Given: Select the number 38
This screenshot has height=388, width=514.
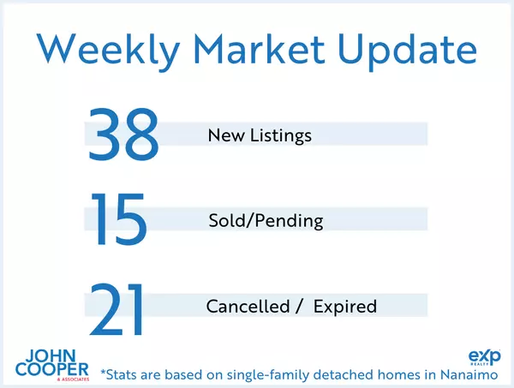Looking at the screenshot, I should pos(123,135).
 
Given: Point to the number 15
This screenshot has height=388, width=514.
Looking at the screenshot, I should pos(119,220).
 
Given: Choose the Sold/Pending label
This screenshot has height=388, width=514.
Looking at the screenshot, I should pos(265,221).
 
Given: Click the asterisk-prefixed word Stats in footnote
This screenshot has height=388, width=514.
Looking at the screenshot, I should pos(122,373).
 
